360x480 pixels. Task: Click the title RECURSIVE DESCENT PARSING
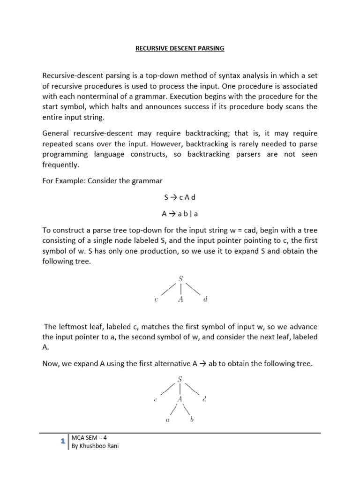[x=180, y=48]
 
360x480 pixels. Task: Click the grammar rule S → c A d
[x=180, y=198]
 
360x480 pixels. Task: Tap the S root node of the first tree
[x=180, y=278]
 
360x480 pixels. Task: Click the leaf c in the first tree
[x=156, y=300]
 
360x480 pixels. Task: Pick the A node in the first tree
[x=180, y=300]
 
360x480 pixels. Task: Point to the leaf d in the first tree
[x=205, y=300]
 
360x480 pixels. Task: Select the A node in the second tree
[x=180, y=399]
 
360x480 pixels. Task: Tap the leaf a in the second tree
[x=168, y=420]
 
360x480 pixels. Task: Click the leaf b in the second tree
[x=192, y=420]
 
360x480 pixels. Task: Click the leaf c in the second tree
[x=156, y=400]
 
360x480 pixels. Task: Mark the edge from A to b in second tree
[x=187, y=410]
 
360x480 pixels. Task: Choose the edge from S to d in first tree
[x=193, y=289]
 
